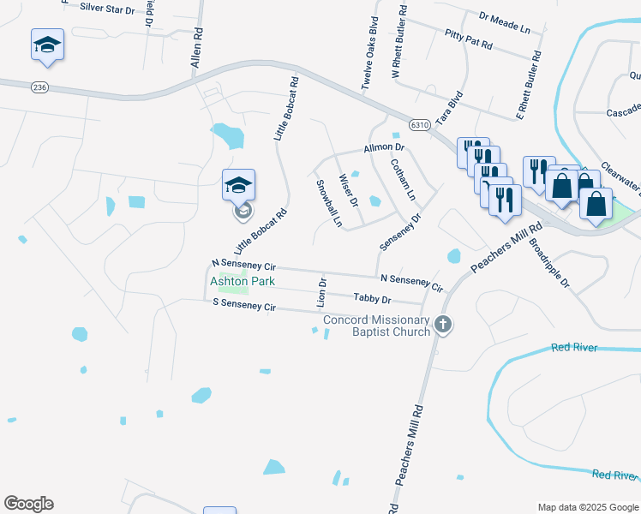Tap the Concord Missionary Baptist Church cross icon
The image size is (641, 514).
click(x=442, y=324)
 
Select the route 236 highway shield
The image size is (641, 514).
click(x=39, y=87)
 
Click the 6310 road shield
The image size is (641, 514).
click(x=419, y=125)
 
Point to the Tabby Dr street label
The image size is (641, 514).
click(x=373, y=300)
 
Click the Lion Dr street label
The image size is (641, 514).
click(x=323, y=289)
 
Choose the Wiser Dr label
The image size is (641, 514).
click(x=349, y=191)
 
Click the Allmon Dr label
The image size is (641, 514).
click(x=383, y=148)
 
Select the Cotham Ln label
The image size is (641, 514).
click(x=402, y=179)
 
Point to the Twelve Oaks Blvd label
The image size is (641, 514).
click(x=369, y=53)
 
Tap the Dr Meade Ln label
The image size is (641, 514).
click(x=506, y=21)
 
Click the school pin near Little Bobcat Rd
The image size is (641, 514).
click(x=239, y=184)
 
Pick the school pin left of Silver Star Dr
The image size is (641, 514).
click(x=48, y=45)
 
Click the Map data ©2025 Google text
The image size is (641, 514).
click(x=587, y=507)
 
